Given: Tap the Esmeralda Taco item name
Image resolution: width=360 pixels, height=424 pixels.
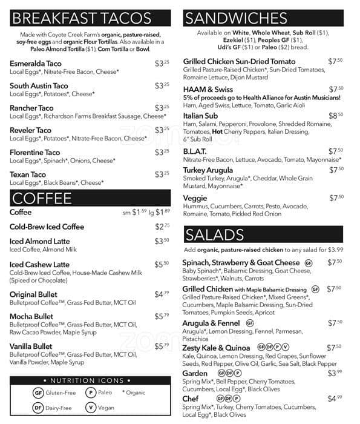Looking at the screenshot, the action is (x=36, y=64).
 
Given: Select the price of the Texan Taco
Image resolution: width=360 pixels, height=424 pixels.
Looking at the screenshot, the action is (x=162, y=174).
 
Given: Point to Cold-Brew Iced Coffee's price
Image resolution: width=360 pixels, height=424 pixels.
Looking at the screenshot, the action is (x=162, y=227).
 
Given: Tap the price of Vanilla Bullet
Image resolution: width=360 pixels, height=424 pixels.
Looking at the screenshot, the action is (x=162, y=346).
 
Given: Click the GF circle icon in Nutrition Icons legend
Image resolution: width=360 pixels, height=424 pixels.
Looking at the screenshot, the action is (x=38, y=393).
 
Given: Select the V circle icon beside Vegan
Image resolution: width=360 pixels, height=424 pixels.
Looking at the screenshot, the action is (x=91, y=408).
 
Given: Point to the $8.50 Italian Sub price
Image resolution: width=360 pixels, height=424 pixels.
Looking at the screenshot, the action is (x=336, y=115).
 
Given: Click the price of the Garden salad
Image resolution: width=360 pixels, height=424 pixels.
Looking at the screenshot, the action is (x=336, y=374).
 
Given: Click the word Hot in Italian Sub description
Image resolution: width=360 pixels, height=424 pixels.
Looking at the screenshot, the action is (x=218, y=131).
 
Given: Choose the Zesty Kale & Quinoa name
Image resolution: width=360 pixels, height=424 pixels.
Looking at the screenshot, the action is (x=216, y=348).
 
